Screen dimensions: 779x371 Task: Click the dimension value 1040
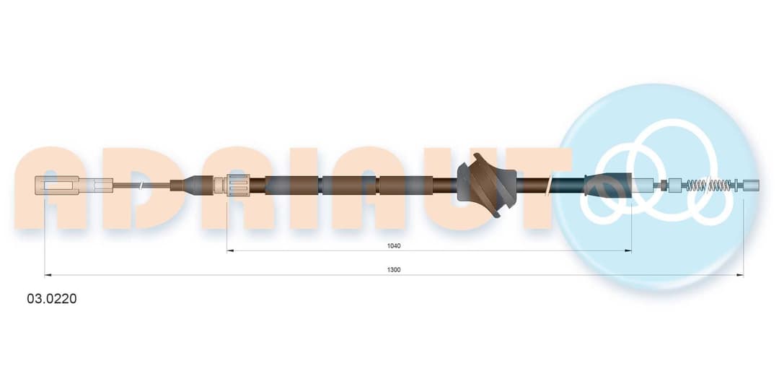point(394,245)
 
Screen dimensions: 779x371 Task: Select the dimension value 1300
point(394,270)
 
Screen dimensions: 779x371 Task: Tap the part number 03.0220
point(52,299)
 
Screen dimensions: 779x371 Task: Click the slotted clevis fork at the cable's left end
point(57,185)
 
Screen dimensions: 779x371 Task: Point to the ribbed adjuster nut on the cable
point(239,185)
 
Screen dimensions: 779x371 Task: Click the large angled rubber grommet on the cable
point(486,185)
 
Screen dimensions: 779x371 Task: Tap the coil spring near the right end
point(709,185)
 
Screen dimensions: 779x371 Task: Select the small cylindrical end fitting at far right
point(751,185)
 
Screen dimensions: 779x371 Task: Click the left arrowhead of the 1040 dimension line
point(229,251)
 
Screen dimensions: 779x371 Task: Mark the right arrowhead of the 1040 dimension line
point(628,251)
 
